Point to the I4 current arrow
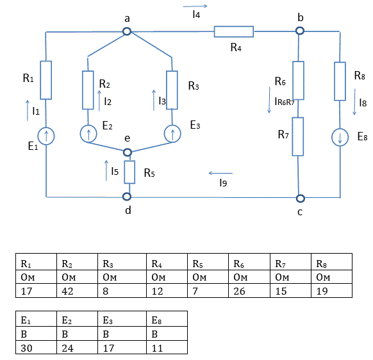click(195, 6)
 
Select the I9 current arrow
click(220, 173)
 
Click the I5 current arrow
click(106, 170)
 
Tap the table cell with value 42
click(77, 291)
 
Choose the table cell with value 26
click(249, 291)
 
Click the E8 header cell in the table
click(167, 318)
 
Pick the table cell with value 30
click(36, 347)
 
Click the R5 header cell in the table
click(208, 262)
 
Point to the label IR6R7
click(285, 102)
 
